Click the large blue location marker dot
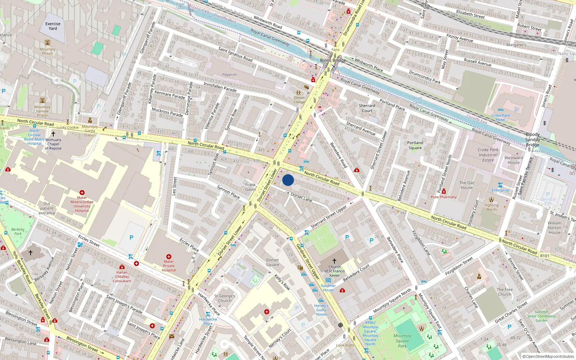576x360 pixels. click(x=288, y=180)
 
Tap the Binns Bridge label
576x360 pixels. click(x=333, y=60)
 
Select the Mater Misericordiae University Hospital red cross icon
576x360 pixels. click(x=82, y=193)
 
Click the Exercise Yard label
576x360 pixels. click(x=53, y=26)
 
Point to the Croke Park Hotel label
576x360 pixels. click(x=500, y=118)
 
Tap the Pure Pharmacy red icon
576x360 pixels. click(x=444, y=192)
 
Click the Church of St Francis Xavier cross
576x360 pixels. click(x=334, y=261)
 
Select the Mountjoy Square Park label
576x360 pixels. click(x=402, y=341)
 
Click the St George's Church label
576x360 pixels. click(x=225, y=298)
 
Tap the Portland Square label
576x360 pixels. click(x=415, y=145)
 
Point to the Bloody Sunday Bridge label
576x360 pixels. click(x=532, y=139)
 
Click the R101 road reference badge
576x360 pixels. click(x=545, y=256)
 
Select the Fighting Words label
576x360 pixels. click(x=491, y=207)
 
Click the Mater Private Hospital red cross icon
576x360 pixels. click(x=169, y=257)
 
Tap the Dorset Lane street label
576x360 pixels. click(x=301, y=197)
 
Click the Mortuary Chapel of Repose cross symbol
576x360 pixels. click(x=53, y=134)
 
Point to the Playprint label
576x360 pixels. click(x=229, y=75)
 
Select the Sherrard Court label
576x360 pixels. click(x=367, y=108)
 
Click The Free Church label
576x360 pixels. click(x=505, y=292)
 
